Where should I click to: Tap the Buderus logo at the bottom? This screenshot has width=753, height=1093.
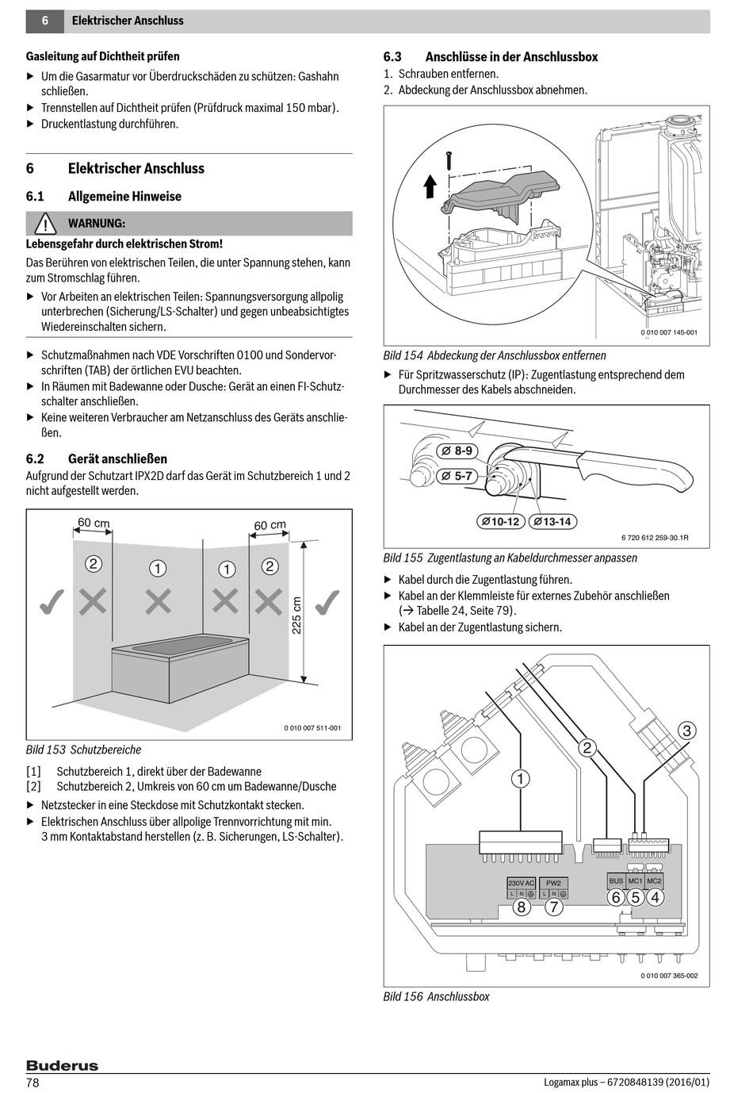pyautogui.click(x=62, y=1065)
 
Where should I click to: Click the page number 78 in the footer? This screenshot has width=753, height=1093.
pyautogui.click(x=32, y=1083)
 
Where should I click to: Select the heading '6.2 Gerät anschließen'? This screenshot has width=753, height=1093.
pyautogui.click(x=97, y=459)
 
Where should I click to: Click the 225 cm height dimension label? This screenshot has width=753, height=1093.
pyautogui.click(x=296, y=616)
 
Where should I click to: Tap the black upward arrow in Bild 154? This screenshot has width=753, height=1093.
pyautogui.click(x=430, y=186)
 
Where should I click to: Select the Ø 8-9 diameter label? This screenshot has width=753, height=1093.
pyautogui.click(x=457, y=451)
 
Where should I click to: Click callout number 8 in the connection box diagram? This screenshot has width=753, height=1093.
pyautogui.click(x=521, y=906)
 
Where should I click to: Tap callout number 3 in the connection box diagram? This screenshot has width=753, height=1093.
pyautogui.click(x=687, y=731)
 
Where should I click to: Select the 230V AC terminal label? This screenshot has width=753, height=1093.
pyautogui.click(x=521, y=883)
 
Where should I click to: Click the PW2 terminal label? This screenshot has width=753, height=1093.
pyautogui.click(x=553, y=883)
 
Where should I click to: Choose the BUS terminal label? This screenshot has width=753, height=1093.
pyautogui.click(x=616, y=880)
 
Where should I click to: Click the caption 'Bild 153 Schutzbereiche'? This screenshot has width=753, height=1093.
pyautogui.click(x=84, y=750)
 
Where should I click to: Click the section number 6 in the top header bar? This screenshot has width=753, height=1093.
pyautogui.click(x=45, y=21)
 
